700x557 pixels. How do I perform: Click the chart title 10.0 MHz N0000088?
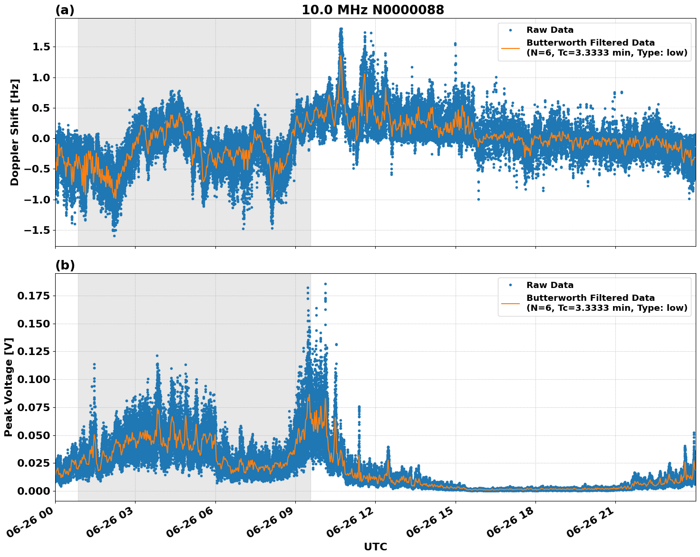coord(372,10)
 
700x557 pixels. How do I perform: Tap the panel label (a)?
coord(65,10)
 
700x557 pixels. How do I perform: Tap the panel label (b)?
coord(65,265)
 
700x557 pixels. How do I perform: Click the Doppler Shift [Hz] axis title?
coord(15,132)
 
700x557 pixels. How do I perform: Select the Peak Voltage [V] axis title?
coord(9,387)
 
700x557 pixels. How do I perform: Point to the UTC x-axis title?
coord(375,547)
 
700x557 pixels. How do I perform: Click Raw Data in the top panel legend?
coord(550,30)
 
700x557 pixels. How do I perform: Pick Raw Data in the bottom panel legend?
coord(550,285)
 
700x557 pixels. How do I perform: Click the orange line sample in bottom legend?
coord(510,303)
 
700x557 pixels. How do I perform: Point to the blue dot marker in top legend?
coord(510,30)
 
